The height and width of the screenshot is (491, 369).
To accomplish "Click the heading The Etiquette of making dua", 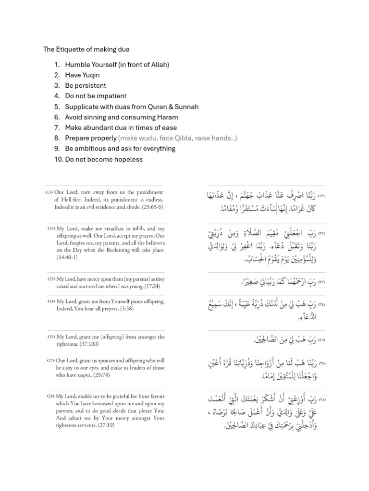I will pyautogui.click(x=86, y=49).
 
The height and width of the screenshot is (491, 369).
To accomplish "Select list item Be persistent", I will pyautogui.click(x=86, y=85).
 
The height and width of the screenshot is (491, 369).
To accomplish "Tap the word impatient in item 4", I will pyautogui.click(x=110, y=96).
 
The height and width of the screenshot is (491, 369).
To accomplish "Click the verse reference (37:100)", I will pyautogui.click(x=89, y=344).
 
